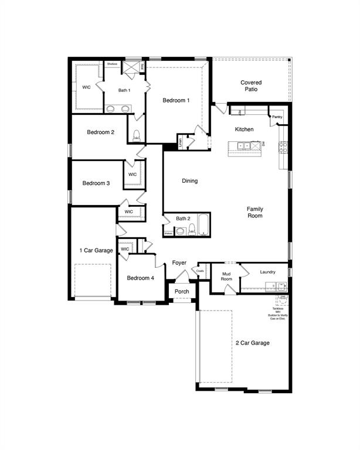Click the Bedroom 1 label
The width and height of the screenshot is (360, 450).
pyautogui.click(x=176, y=101)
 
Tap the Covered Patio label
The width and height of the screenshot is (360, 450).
pyautogui.click(x=251, y=86)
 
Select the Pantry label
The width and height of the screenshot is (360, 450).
pyautogui.click(x=277, y=117)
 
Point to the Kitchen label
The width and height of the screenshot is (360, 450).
pyautogui.click(x=244, y=129)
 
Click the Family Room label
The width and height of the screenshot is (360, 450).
pyautogui.click(x=254, y=212)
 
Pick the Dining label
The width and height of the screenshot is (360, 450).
pyautogui.click(x=189, y=181)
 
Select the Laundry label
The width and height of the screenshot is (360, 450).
pyautogui.click(x=267, y=272)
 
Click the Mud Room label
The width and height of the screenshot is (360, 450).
pyautogui.click(x=227, y=276)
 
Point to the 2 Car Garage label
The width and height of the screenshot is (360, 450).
pyautogui.click(x=252, y=343)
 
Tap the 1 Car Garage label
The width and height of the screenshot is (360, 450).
pyautogui.click(x=96, y=251)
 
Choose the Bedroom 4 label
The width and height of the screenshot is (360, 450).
pyautogui.click(x=141, y=278)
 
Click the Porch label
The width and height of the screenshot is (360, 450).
pyautogui.click(x=182, y=291)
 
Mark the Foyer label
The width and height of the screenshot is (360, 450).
pyautogui.click(x=179, y=263)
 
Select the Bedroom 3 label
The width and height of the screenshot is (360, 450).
pyautogui.click(x=96, y=183)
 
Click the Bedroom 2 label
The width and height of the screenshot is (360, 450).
pyautogui.click(x=100, y=132)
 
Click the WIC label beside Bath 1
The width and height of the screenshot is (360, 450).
pyautogui.click(x=86, y=87)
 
